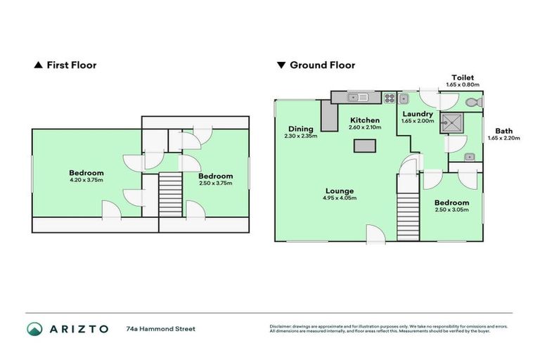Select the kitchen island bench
tap(365, 146)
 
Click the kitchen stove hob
tap(388, 98)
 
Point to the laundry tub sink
tap(404, 99)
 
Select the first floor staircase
tap(171, 196)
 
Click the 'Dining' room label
tap(300, 129)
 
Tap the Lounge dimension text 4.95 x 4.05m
tap(339, 198)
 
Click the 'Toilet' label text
tap(463, 77)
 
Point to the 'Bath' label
tap(503, 131)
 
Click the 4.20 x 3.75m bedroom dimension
tap(86, 181)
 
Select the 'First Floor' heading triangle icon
tap(38, 65)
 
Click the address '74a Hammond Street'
tap(160, 328)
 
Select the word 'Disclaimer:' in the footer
tap(282, 326)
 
